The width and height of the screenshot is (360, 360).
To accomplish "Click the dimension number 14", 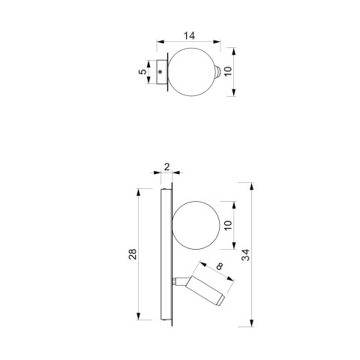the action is (189, 36).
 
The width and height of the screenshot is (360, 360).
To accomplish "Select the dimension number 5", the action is (142, 71).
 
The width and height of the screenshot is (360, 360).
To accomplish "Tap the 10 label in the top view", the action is (228, 71).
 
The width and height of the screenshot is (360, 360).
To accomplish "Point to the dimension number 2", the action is (167, 166).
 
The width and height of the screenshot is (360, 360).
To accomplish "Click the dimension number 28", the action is (133, 254).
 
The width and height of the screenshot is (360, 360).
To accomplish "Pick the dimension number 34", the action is (245, 255).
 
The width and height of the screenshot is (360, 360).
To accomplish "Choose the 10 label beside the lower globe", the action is (228, 225).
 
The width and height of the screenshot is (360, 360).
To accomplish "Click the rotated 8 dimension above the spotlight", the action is (220, 266).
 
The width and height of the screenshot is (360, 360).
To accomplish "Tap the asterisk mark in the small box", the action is (160, 72).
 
